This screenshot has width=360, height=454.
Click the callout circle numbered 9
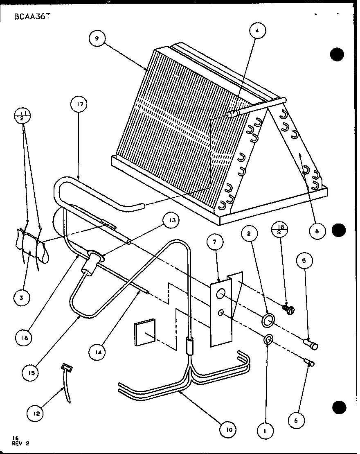point(97,39)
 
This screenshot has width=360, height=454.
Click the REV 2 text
point(20,443)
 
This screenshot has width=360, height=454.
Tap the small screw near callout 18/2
point(288,311)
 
